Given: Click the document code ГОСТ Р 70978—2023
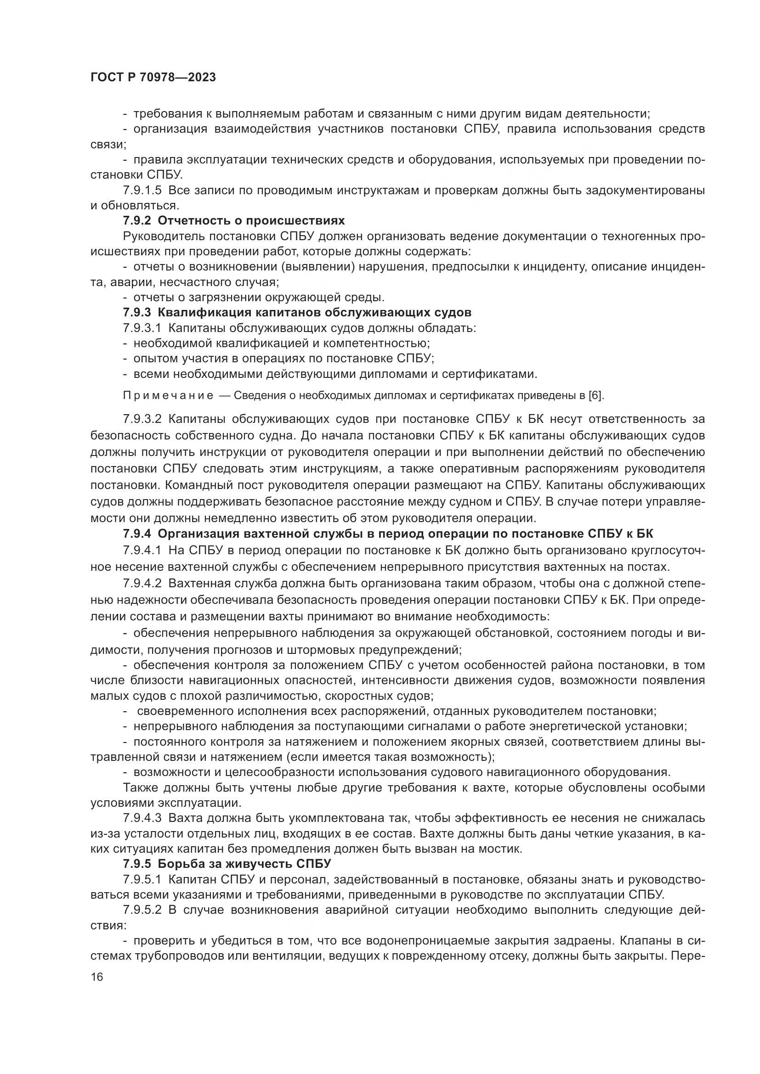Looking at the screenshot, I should click(x=153, y=78).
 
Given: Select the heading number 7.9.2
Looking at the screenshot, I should click(x=137, y=221).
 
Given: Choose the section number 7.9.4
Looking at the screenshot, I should click(x=137, y=534).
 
